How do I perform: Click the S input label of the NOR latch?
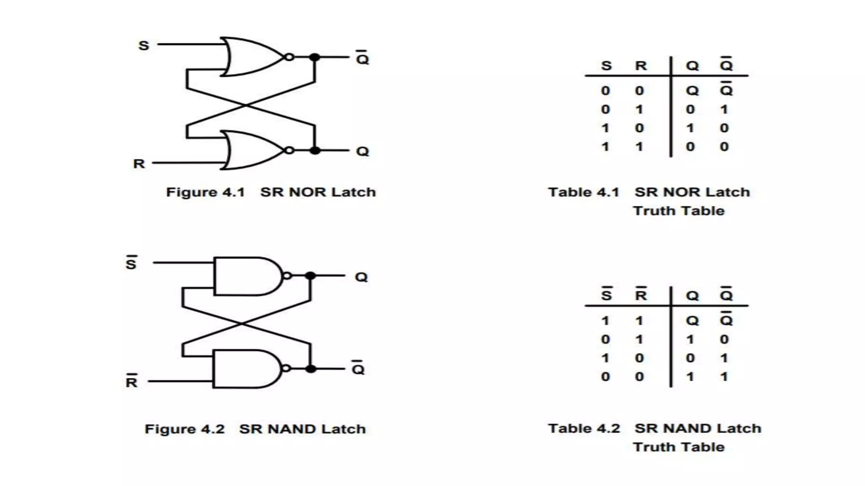pos(144,45)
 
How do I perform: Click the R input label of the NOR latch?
pos(139,163)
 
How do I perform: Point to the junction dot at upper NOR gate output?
pos(315,57)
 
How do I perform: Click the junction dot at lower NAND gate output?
pos(311,369)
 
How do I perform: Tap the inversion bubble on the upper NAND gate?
pos(287,276)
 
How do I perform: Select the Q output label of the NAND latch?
pos(361,277)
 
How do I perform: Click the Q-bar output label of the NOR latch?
pos(362,59)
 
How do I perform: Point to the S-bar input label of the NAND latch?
pos(131,263)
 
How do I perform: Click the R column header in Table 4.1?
pos(641,66)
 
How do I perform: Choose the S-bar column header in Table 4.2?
pos(607,294)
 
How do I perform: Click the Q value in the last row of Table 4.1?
pos(690,147)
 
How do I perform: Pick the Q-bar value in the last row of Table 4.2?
pos(724,377)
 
